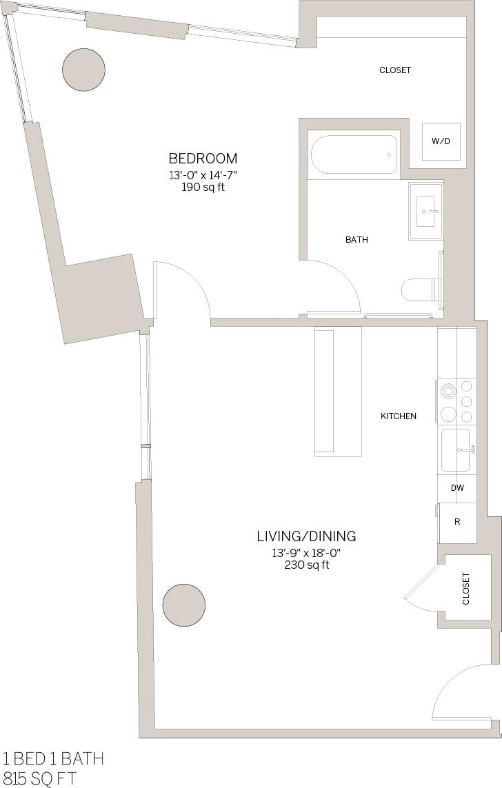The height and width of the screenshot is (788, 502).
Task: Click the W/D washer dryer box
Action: pos(441,141)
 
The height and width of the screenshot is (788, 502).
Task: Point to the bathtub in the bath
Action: pos(354,154)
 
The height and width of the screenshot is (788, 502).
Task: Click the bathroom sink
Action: pos(425,210)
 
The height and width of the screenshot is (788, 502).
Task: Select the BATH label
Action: pos(357,240)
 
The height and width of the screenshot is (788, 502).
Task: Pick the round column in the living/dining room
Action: pos(184,605)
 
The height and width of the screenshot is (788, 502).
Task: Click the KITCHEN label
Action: pos(399,416)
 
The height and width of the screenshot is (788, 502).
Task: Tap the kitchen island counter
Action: pos(338,391)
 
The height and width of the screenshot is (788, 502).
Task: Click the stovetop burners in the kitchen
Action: pos(456,402)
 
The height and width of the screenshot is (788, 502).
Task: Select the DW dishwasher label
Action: pos(456,488)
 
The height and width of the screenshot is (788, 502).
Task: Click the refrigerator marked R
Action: pos(456,522)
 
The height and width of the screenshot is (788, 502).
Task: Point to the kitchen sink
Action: pos(456,450)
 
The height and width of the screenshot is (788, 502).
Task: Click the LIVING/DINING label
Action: pos(306,536)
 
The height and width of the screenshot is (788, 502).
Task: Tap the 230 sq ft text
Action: pos(306,565)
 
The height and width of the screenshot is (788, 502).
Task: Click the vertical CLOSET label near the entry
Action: pos(465,589)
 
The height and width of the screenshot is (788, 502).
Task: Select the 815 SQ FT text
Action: pos(40,778)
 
